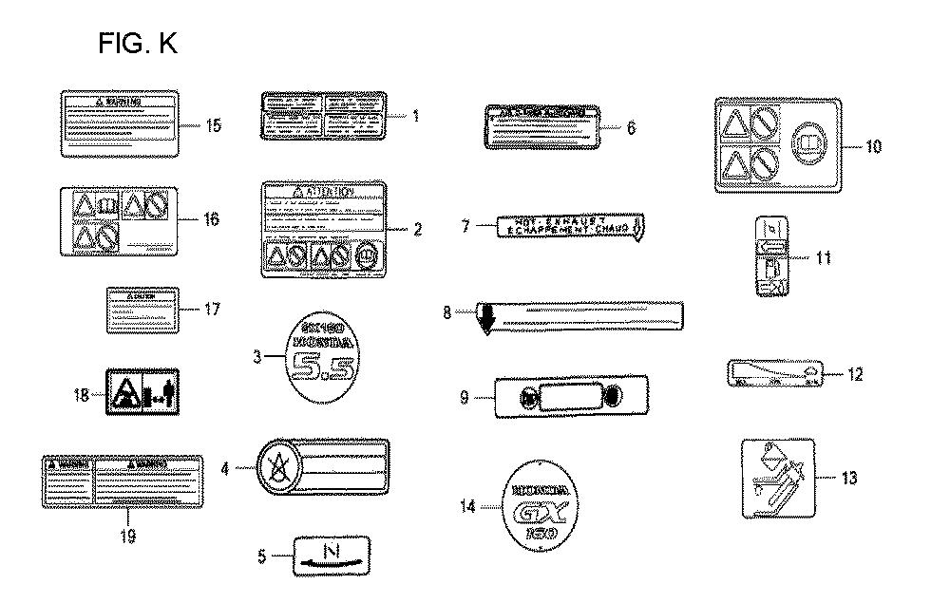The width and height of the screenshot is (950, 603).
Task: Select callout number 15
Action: tap(214, 124)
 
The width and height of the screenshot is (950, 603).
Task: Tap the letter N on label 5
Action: tap(332, 550)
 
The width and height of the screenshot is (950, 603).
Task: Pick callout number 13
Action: tap(849, 478)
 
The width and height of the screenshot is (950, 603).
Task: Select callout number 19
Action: tap(128, 536)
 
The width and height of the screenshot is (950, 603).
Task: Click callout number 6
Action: tap(631, 126)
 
